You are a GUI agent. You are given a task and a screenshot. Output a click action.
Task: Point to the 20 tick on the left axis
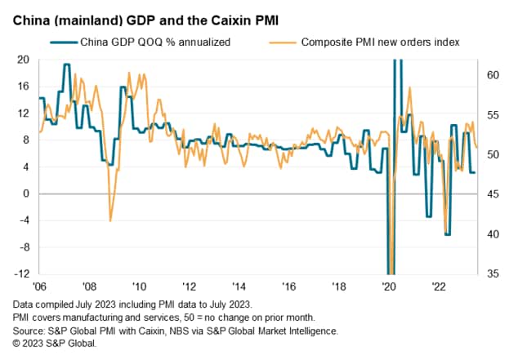click(23, 60)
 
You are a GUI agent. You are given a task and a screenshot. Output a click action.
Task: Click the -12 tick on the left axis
click(21, 273)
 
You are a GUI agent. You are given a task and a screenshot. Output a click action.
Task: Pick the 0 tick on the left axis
click(26, 193)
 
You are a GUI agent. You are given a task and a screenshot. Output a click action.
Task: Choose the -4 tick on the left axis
click(24, 220)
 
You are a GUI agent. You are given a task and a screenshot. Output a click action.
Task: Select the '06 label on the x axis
click(38, 287)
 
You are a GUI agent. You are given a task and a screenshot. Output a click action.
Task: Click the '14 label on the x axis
click(239, 287)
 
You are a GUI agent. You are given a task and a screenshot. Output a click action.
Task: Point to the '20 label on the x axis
click(389, 287)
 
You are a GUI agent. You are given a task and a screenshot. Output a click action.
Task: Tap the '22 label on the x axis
click(439, 287)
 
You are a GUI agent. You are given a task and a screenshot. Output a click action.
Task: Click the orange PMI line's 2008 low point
click(110, 220)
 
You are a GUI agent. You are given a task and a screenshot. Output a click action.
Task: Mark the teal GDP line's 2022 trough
click(447, 234)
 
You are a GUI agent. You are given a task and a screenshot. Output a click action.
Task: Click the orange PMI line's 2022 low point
click(445, 233)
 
